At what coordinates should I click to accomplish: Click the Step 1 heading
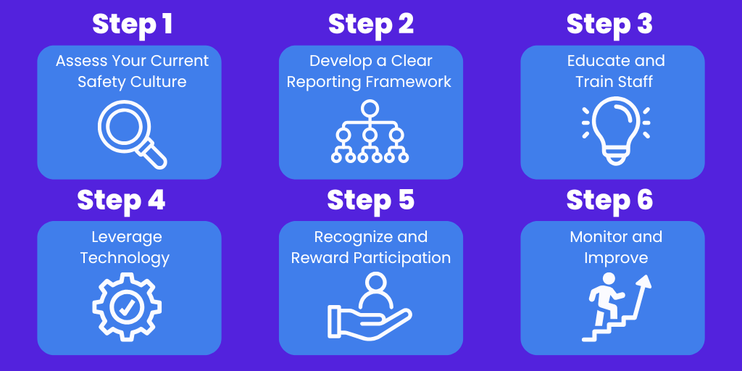click(132, 25)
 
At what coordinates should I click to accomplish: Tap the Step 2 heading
click(371, 25)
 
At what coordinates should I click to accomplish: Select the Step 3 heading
click(609, 25)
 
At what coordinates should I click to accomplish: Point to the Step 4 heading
click(121, 201)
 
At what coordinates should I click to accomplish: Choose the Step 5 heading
click(371, 201)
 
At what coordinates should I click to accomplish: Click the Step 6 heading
click(609, 201)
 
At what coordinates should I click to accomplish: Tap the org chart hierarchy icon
click(370, 131)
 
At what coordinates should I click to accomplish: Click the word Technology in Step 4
click(125, 258)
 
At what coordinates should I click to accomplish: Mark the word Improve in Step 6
click(615, 258)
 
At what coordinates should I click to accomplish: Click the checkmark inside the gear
click(127, 307)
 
